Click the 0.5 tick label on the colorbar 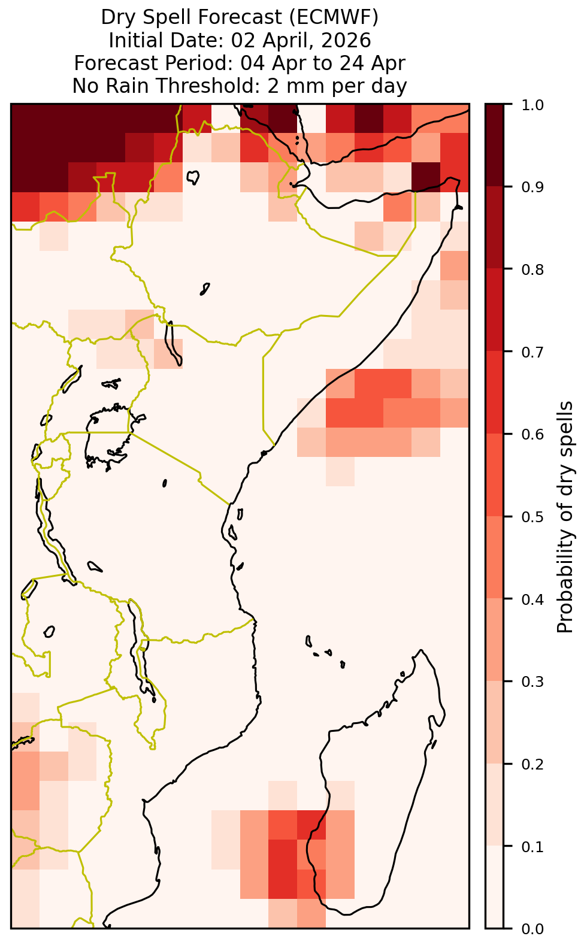click(x=532, y=517)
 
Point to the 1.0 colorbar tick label click(x=532, y=105)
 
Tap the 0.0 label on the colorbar click(x=532, y=928)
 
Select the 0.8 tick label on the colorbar click(x=532, y=269)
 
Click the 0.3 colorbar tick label click(x=532, y=681)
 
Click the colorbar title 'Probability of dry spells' click(x=564, y=517)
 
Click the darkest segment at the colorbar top click(x=495, y=145)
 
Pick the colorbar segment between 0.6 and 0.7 click(x=495, y=392)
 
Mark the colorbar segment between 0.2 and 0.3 click(x=495, y=722)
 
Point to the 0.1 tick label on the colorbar click(x=532, y=846)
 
